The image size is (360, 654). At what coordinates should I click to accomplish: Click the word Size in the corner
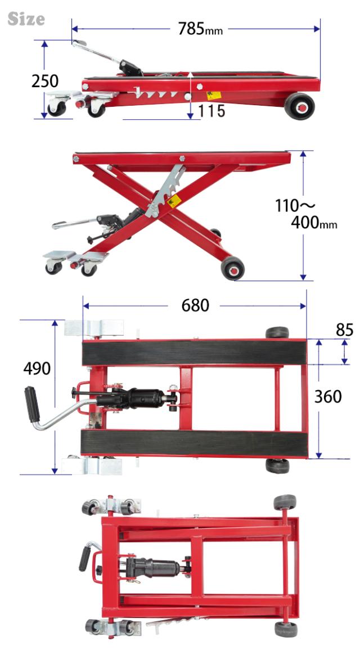click(x=26, y=19)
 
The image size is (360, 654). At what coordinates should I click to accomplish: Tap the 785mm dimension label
click(x=200, y=29)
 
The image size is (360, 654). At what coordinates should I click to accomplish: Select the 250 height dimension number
click(x=45, y=81)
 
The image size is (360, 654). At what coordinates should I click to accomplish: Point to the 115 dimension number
click(x=211, y=111)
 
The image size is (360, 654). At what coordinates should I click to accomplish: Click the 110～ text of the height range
click(x=295, y=206)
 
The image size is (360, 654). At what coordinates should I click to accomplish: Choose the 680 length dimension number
click(x=195, y=306)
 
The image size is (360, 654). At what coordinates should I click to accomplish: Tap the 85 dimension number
click(x=345, y=330)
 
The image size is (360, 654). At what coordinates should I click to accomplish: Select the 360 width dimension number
click(x=328, y=396)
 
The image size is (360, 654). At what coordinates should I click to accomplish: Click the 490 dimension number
click(x=37, y=369)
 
